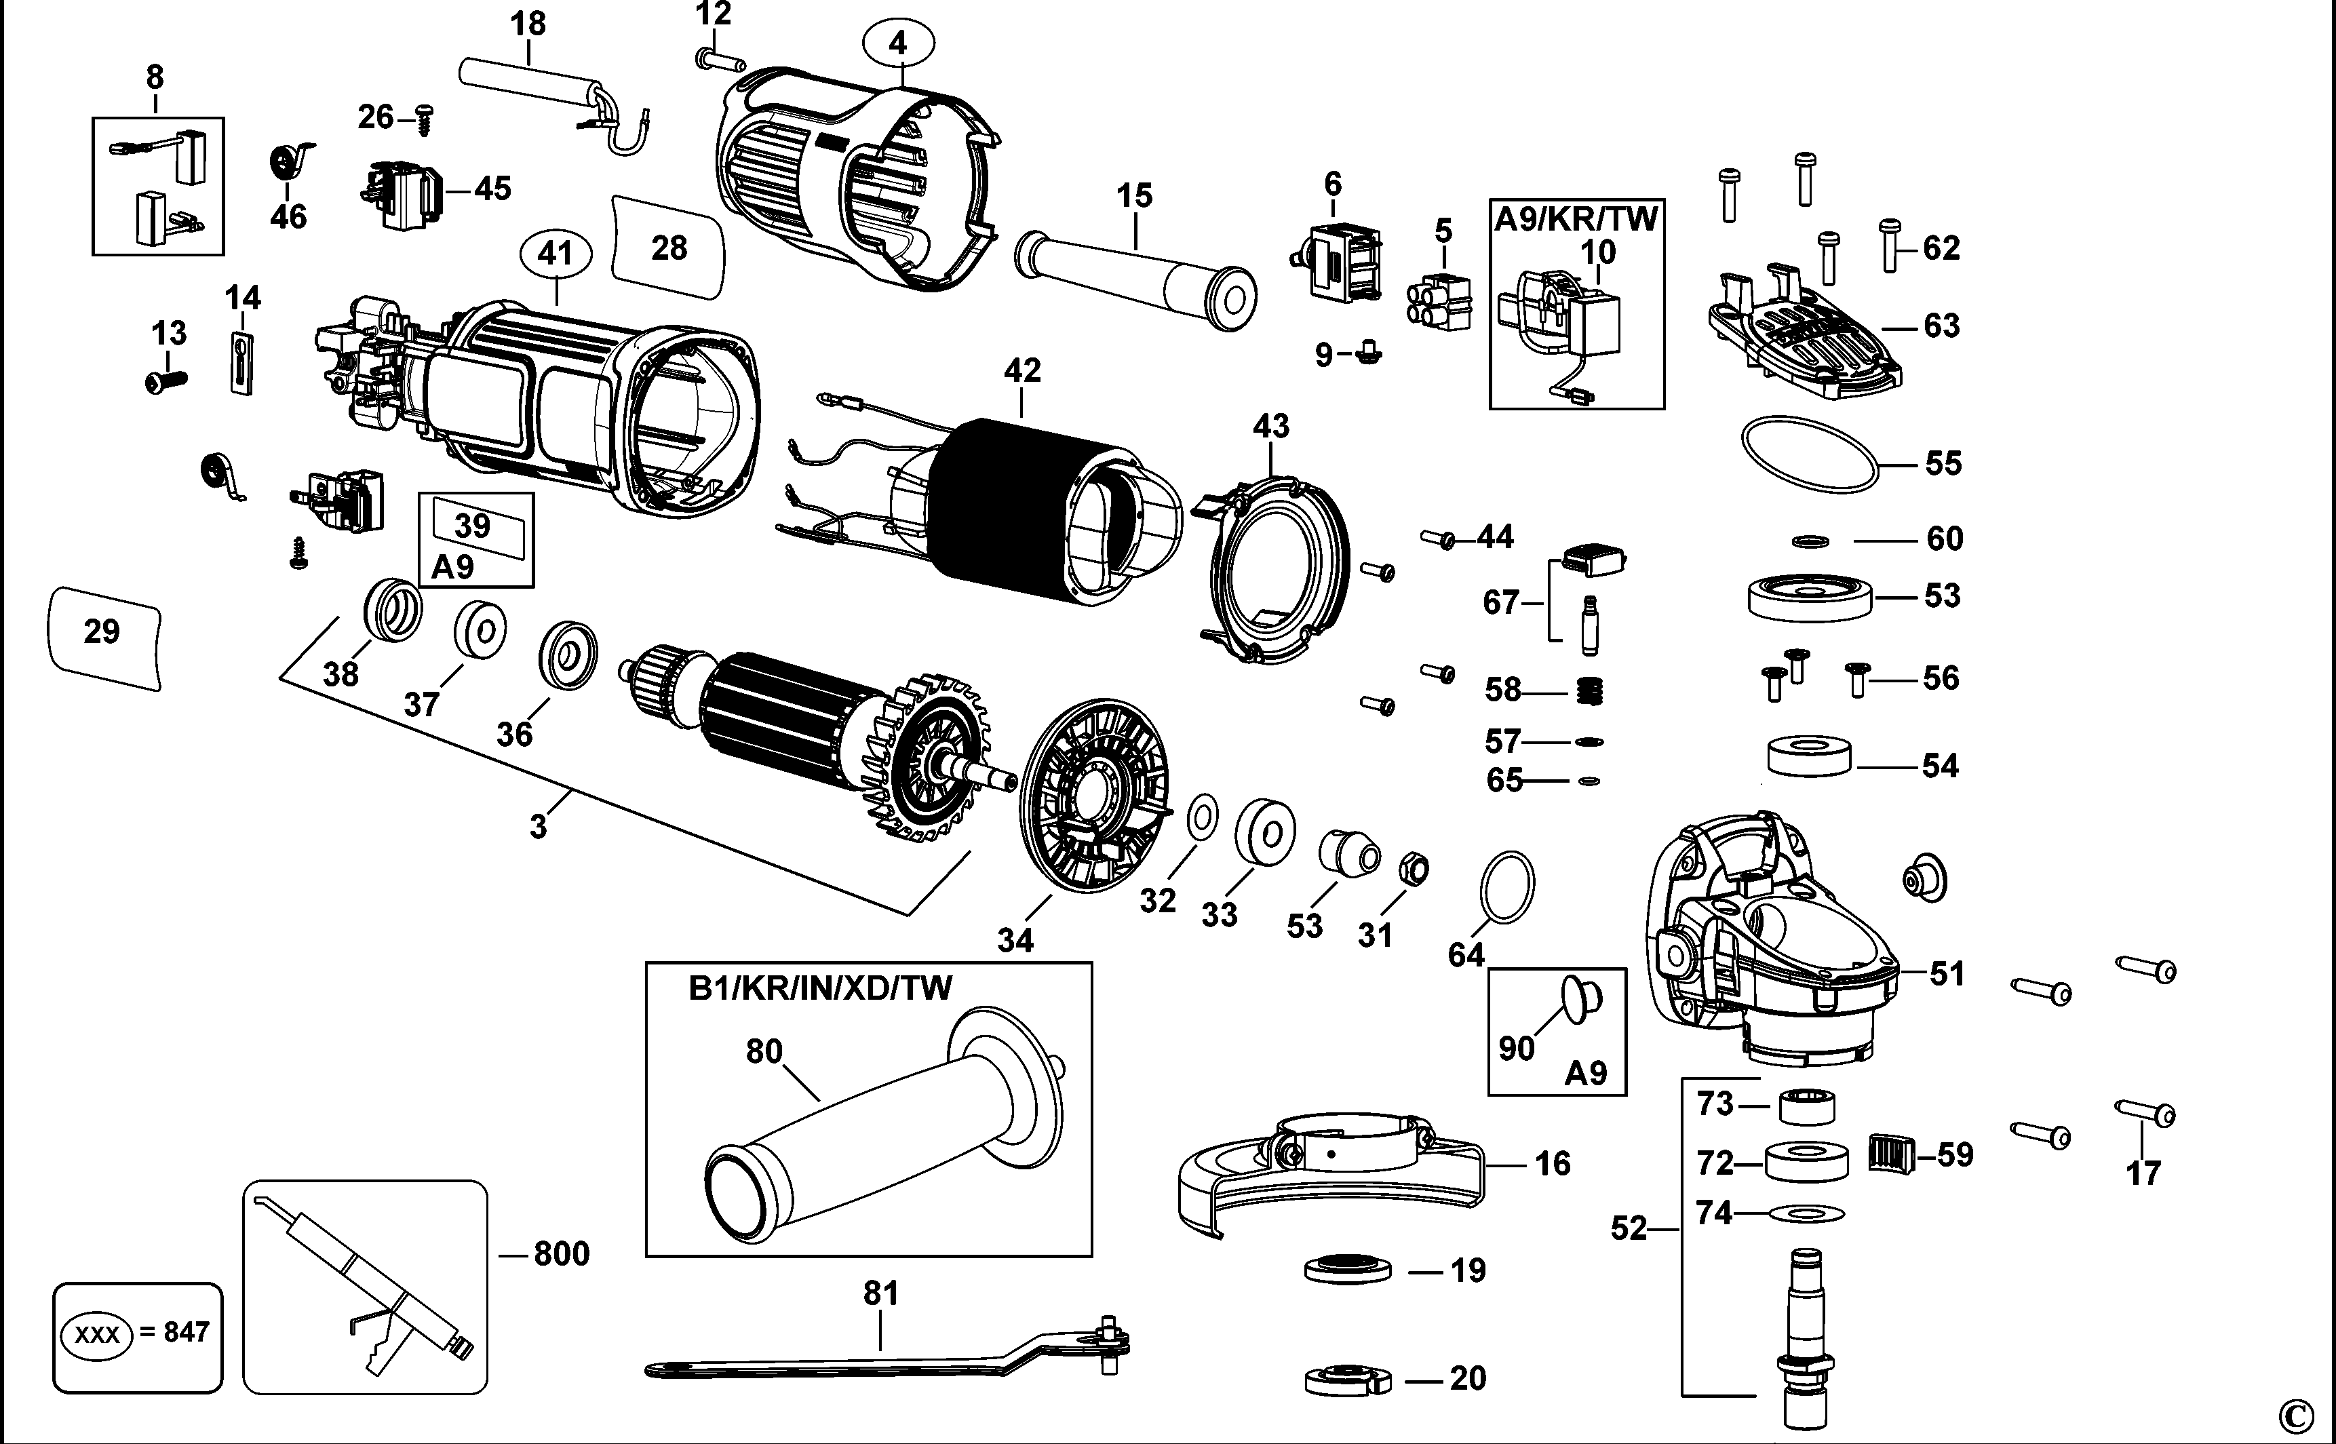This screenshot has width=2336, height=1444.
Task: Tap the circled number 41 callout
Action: click(555, 254)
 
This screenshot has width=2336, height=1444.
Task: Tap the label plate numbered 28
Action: click(669, 248)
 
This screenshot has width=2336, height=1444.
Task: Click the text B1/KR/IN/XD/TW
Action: click(820, 988)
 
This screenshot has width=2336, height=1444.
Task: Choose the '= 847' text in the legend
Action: click(175, 1331)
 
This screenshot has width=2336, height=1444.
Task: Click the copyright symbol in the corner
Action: click(2294, 1416)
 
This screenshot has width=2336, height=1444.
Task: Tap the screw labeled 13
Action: click(164, 381)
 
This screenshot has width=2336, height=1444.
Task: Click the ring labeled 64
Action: click(1507, 886)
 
